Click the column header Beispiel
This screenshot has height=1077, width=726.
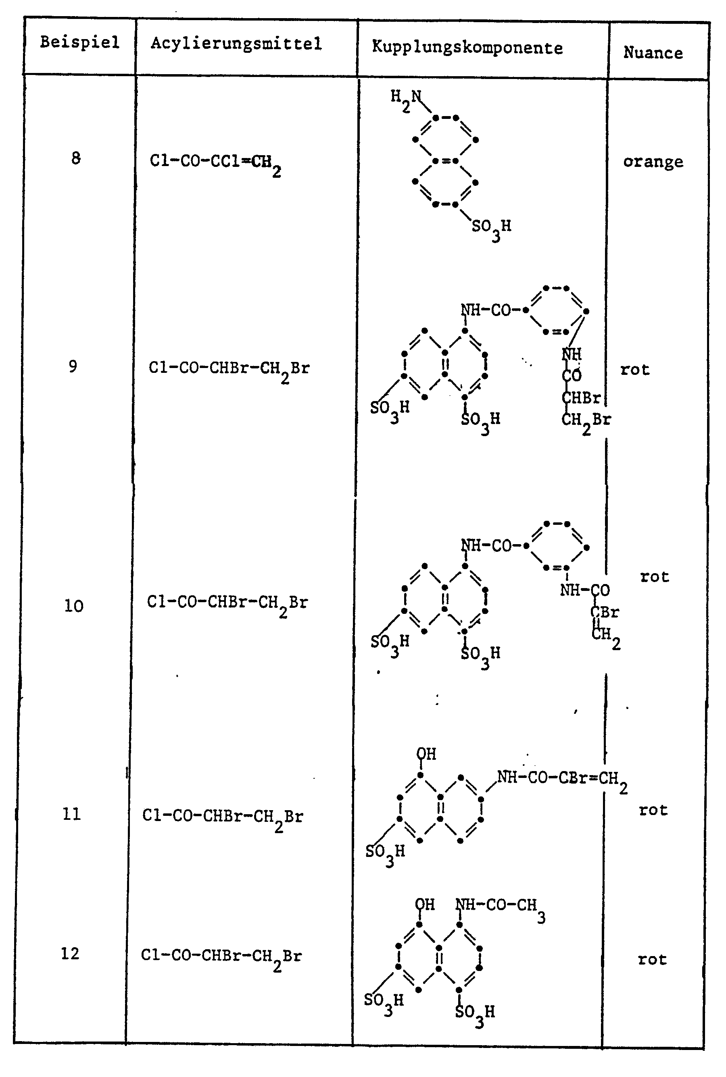[79, 43]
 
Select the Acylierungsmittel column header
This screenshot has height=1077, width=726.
[236, 44]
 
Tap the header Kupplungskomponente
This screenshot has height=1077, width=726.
[467, 48]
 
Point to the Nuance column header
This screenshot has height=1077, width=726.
[653, 53]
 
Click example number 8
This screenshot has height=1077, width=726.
[76, 158]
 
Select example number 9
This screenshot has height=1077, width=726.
[73, 366]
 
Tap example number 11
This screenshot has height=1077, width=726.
[72, 814]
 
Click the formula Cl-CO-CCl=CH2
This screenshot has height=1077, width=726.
[215, 163]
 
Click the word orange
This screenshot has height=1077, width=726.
[653, 162]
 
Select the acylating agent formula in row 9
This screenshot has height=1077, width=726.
[229, 370]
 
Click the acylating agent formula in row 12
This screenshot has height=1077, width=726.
[221, 957]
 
